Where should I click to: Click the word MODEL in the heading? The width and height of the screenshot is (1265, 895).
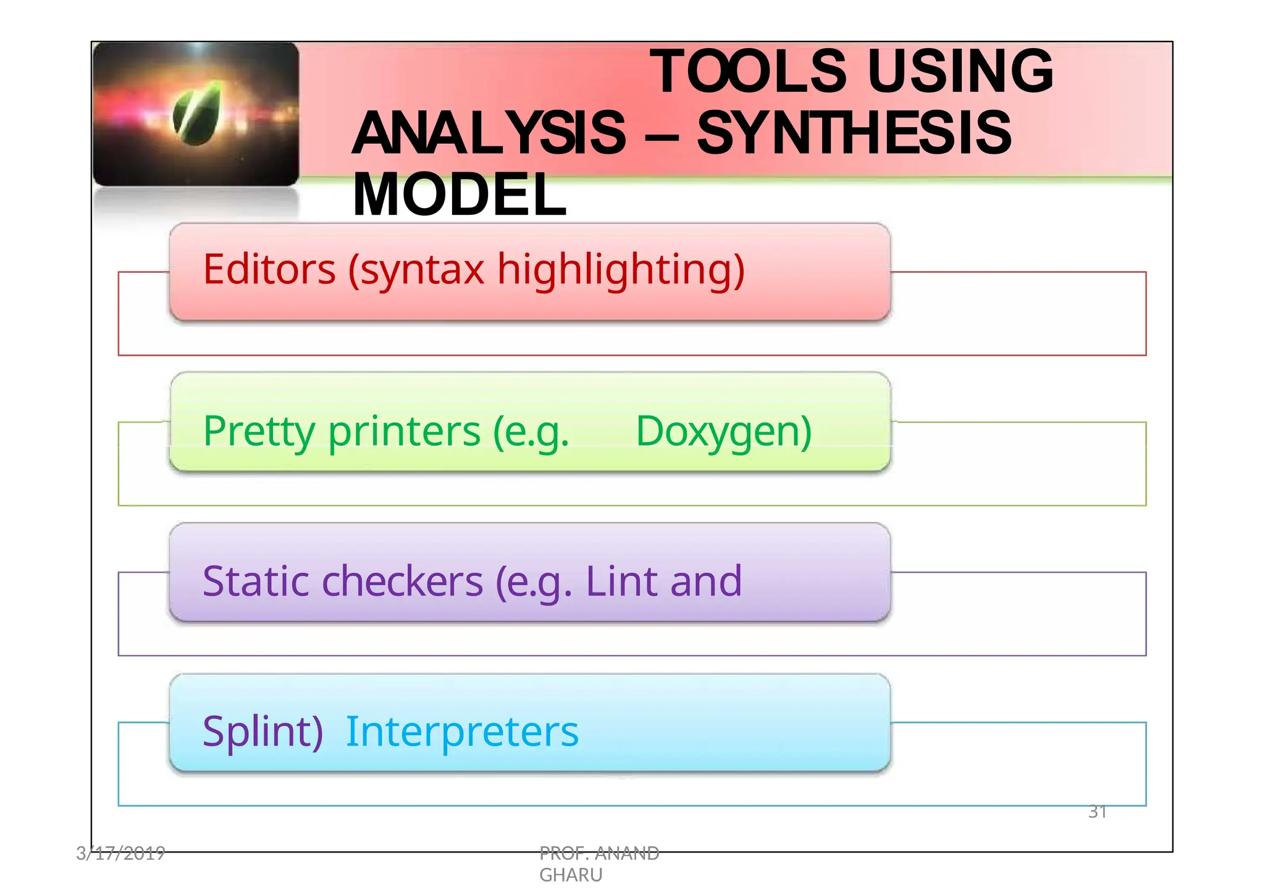pyautogui.click(x=460, y=195)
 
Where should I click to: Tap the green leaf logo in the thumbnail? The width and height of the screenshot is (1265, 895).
pyautogui.click(x=197, y=114)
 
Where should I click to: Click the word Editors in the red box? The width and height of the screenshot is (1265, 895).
pyautogui.click(x=269, y=270)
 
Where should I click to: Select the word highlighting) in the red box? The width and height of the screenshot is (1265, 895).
pyautogui.click(x=621, y=271)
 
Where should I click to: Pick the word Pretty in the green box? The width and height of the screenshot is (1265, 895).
pyautogui.click(x=259, y=431)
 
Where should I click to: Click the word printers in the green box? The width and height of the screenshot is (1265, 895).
pyautogui.click(x=404, y=431)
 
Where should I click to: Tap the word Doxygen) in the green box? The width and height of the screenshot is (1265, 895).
pyautogui.click(x=723, y=431)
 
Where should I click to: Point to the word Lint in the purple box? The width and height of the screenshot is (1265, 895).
pyautogui.click(x=622, y=581)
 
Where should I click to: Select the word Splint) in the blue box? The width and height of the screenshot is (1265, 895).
pyautogui.click(x=263, y=732)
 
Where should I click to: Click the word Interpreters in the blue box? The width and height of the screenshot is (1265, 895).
pyautogui.click(x=462, y=732)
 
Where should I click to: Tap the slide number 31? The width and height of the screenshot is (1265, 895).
pyautogui.click(x=1097, y=812)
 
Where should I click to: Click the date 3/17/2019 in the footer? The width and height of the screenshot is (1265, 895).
pyautogui.click(x=120, y=853)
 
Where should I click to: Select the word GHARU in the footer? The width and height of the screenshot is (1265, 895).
pyautogui.click(x=570, y=875)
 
